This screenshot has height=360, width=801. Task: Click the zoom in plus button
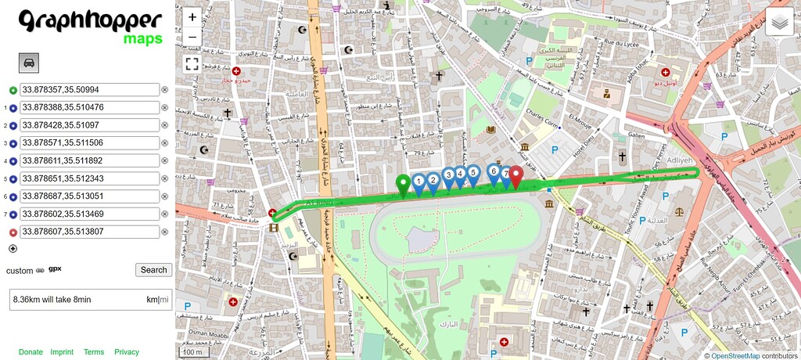pos(192,16)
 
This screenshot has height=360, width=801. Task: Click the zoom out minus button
pos(192,37)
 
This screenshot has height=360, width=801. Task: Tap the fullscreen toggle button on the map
pos(192,64)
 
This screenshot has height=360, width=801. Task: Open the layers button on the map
pos(779,23)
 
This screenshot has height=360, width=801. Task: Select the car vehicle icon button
pos(28,63)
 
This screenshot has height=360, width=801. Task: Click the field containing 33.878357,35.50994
pos(89,90)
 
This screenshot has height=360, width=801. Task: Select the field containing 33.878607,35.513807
pos(89,232)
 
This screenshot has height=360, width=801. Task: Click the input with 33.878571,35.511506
pos(89,143)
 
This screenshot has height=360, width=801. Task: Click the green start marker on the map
pos(404,185)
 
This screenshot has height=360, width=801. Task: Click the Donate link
pos(31,352)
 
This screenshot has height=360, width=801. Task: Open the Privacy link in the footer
pos(127,352)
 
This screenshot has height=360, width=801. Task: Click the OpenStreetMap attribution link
pos(735,355)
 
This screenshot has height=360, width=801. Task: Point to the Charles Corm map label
pos(544,123)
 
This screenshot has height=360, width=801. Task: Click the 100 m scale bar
pos(191,352)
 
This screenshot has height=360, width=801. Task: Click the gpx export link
pos(55,269)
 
